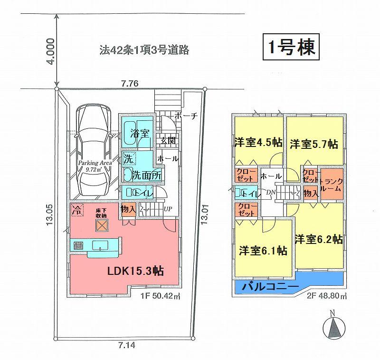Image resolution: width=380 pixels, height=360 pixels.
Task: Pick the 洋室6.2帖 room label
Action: (x=318, y=239)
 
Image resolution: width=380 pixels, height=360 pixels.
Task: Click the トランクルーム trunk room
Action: (x=331, y=184)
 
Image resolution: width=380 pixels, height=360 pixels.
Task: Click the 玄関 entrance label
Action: (x=167, y=140)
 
